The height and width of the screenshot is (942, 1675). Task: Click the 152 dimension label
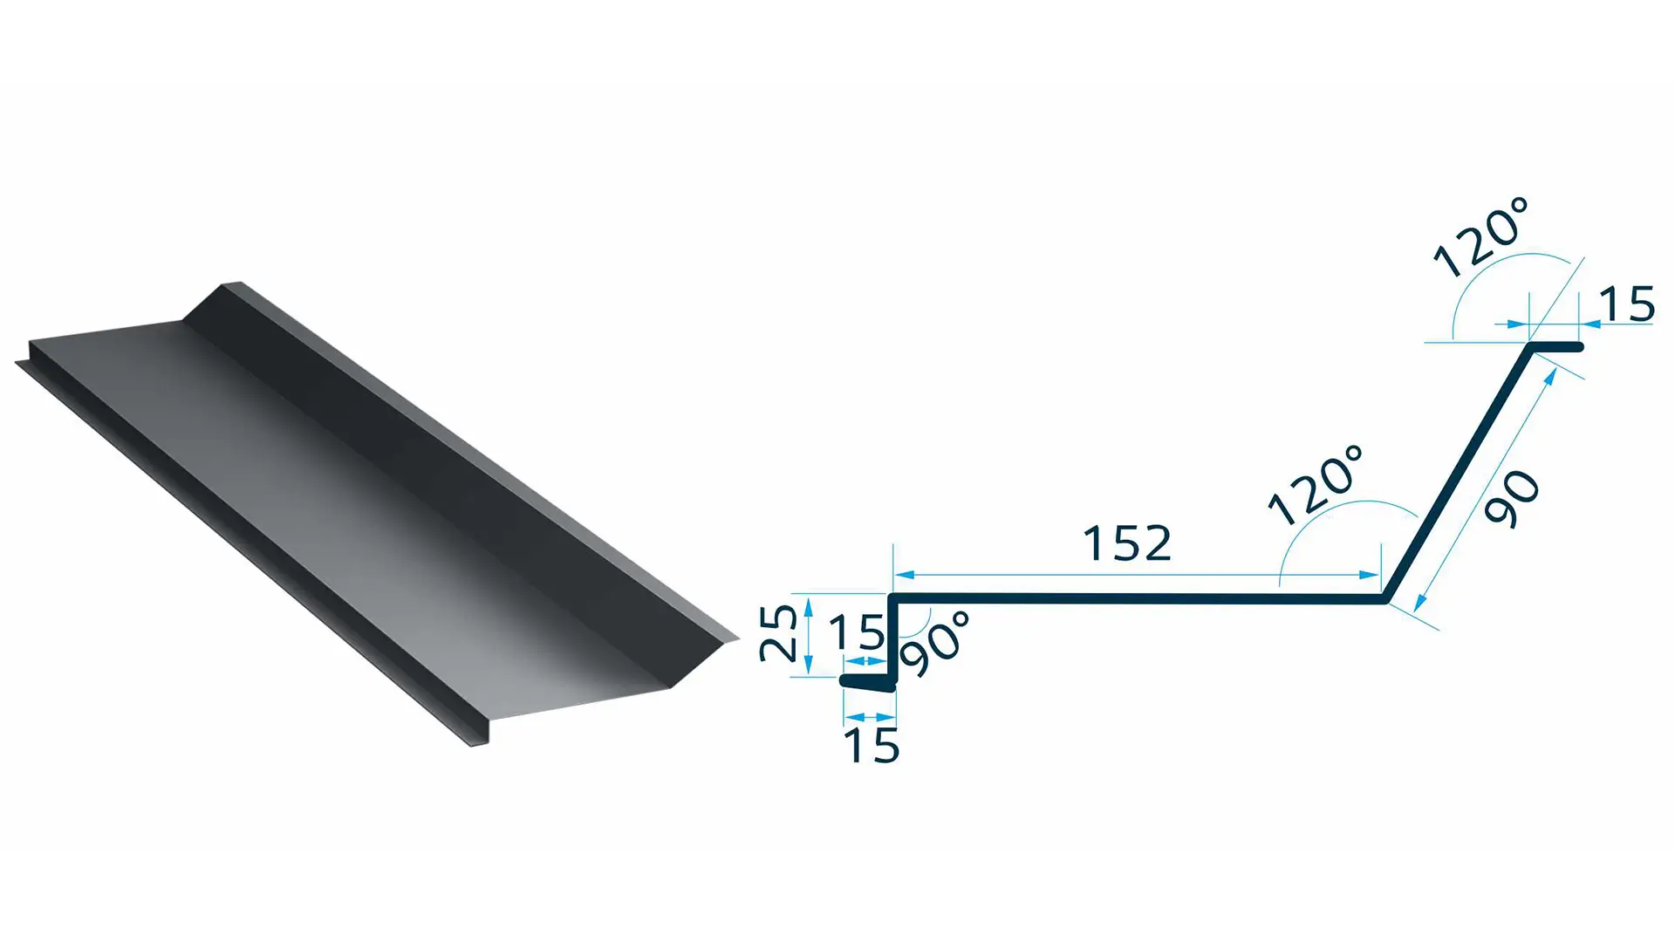pyautogui.click(x=1126, y=544)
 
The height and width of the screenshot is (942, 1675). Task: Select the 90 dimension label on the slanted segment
pyautogui.click(x=1514, y=499)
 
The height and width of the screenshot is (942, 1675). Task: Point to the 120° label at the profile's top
pyautogui.click(x=1480, y=238)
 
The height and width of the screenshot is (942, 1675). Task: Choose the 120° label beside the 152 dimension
pyautogui.click(x=1315, y=486)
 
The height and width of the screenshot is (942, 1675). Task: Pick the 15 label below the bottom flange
pyautogui.click(x=871, y=747)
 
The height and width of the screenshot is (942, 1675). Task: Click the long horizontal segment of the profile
pyautogui.click(x=1134, y=598)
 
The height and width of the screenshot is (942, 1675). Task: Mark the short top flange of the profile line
pyautogui.click(x=1556, y=347)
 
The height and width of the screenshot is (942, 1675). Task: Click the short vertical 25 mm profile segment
pyautogui.click(x=892, y=637)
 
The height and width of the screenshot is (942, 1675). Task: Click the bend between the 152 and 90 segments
pyautogui.click(x=1385, y=598)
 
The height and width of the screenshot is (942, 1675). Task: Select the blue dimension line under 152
pyautogui.click(x=1134, y=575)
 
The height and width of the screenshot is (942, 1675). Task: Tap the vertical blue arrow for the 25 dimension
pyautogui.click(x=809, y=635)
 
